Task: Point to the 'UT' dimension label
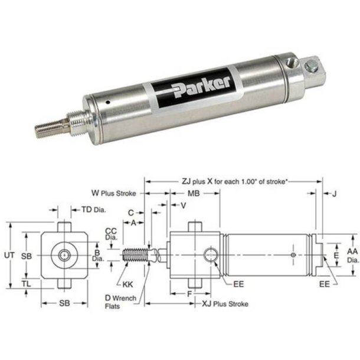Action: coord(8,256)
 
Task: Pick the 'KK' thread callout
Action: coord(128,283)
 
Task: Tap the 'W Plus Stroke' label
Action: coord(114,192)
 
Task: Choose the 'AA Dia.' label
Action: coord(351,254)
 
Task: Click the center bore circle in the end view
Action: coord(64,255)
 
